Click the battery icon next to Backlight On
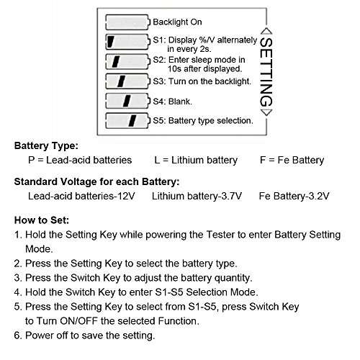click(127, 22)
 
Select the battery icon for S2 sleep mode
click(127, 61)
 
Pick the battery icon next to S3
click(127, 81)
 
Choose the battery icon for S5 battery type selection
click(127, 120)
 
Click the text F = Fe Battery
click(292, 160)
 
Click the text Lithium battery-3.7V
click(197, 195)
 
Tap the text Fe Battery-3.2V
click(295, 195)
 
